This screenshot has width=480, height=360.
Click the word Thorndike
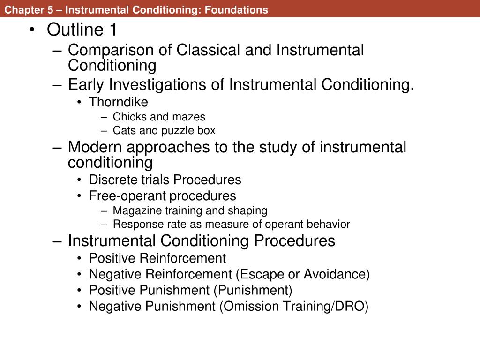click(119, 102)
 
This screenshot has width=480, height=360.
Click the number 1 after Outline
click(113, 30)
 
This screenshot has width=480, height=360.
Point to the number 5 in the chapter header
click(50, 10)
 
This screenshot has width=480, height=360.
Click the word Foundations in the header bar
click(236, 10)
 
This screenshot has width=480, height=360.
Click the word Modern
click(95, 147)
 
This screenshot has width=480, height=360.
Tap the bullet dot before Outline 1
click(32, 30)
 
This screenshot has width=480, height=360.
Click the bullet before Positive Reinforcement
click(79, 258)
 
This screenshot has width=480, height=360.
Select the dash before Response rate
click(104, 225)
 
